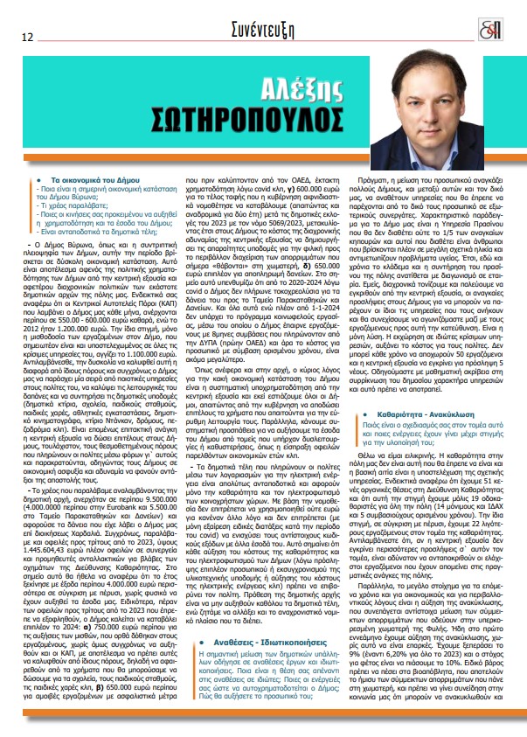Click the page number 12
pos(28,38)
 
